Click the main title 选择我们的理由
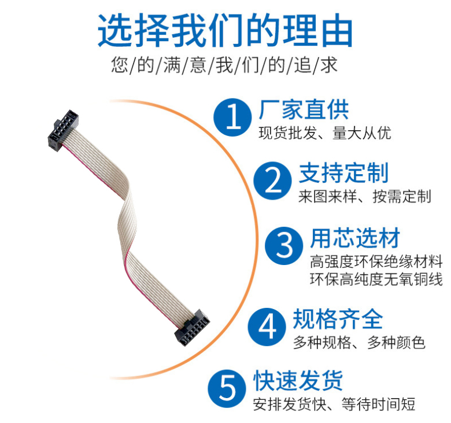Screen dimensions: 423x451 (225, 30)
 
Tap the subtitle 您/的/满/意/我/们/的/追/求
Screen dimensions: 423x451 (225, 64)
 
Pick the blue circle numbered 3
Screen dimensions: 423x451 (285, 245)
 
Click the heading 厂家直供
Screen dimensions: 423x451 (303, 109)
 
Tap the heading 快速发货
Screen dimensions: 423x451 (298, 380)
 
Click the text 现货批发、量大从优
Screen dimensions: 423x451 (324, 134)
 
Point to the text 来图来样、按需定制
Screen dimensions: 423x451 (364, 197)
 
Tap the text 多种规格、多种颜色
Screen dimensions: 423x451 (359, 343)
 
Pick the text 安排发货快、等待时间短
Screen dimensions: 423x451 (334, 404)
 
